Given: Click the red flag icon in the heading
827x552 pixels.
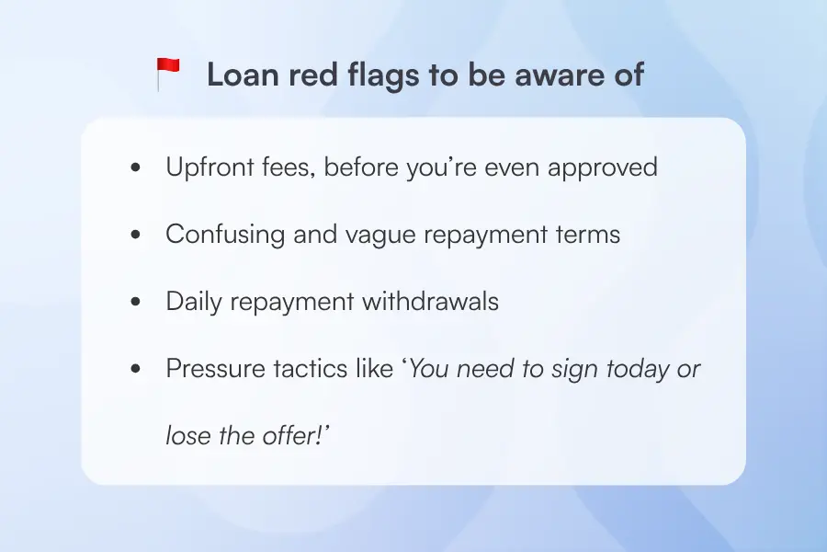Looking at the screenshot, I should click(168, 74).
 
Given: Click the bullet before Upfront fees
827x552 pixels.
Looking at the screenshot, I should click(136, 168).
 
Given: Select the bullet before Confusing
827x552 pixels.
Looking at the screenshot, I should click(136, 236).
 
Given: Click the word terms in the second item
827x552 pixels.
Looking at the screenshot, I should click(589, 235).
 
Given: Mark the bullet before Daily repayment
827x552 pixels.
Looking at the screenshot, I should click(136, 303).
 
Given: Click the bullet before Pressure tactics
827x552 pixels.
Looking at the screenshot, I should click(136, 370).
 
